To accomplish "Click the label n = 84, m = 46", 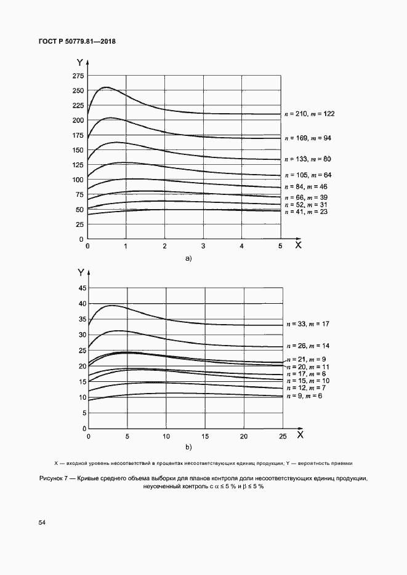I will point(306,186).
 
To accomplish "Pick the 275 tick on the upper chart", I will point(78,76).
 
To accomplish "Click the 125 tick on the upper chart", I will point(78,165).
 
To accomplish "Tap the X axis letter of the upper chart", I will point(298,245).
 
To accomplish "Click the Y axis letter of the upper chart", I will point(80,62).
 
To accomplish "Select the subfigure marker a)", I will point(189,259).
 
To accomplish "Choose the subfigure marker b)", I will point(189,447).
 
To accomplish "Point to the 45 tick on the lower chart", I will point(80,288).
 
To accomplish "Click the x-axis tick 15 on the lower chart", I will point(204,436).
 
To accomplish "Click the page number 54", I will point(42,523).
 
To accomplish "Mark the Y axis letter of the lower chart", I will point(80,271).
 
